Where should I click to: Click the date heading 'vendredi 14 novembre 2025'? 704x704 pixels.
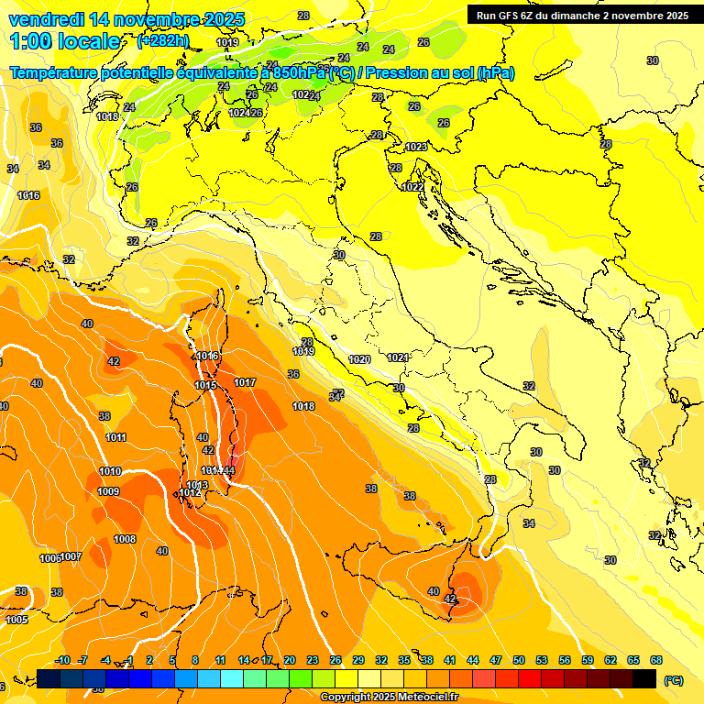(x=126, y=19)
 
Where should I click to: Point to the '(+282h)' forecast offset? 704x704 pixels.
(x=162, y=41)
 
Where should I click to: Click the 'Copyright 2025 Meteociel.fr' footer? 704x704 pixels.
(x=389, y=698)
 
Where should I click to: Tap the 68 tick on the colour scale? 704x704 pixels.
(x=656, y=660)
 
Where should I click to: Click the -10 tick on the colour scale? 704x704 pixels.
(x=62, y=660)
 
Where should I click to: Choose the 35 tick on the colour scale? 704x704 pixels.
(x=404, y=660)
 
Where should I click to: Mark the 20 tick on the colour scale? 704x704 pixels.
(x=289, y=660)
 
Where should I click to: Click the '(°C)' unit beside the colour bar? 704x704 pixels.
(x=673, y=680)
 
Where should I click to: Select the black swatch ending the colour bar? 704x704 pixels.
(x=644, y=679)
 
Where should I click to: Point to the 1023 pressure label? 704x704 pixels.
(x=416, y=147)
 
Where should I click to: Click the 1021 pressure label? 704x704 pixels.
(x=397, y=357)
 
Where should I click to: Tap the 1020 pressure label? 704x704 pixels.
(x=359, y=359)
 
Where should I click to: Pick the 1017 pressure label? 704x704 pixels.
(x=245, y=382)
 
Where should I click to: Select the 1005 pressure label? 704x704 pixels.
(x=16, y=621)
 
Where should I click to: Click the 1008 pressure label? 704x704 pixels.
(x=125, y=539)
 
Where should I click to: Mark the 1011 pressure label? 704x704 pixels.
(x=115, y=437)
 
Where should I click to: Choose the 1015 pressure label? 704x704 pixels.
(x=205, y=385)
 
